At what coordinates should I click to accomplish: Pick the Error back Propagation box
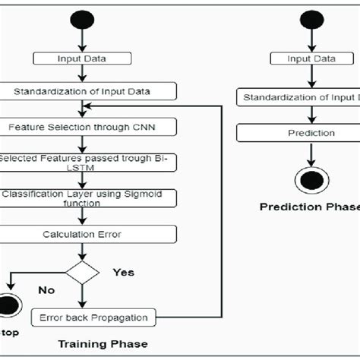93,316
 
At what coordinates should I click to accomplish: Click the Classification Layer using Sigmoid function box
88,198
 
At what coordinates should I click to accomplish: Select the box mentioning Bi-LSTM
87,163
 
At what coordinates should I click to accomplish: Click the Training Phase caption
103,344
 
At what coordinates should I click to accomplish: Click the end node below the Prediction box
311,179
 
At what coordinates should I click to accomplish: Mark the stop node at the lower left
8,305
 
